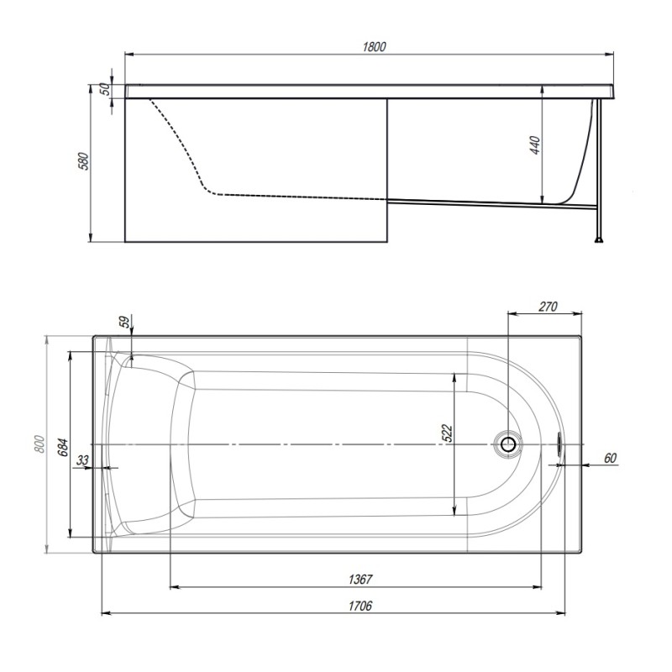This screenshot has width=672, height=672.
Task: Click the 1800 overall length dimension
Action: click(x=374, y=47)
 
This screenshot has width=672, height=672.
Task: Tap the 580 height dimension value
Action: click(x=85, y=161)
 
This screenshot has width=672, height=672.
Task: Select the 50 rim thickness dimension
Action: click(x=105, y=89)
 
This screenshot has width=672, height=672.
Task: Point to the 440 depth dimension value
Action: click(x=535, y=145)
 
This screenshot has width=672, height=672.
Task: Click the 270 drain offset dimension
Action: click(x=548, y=307)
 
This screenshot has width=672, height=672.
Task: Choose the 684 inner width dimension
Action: click(x=63, y=448)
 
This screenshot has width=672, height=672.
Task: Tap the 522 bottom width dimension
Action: click(x=447, y=433)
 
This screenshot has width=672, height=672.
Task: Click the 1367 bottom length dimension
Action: click(x=360, y=580)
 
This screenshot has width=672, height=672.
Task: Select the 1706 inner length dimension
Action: click(x=360, y=606)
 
